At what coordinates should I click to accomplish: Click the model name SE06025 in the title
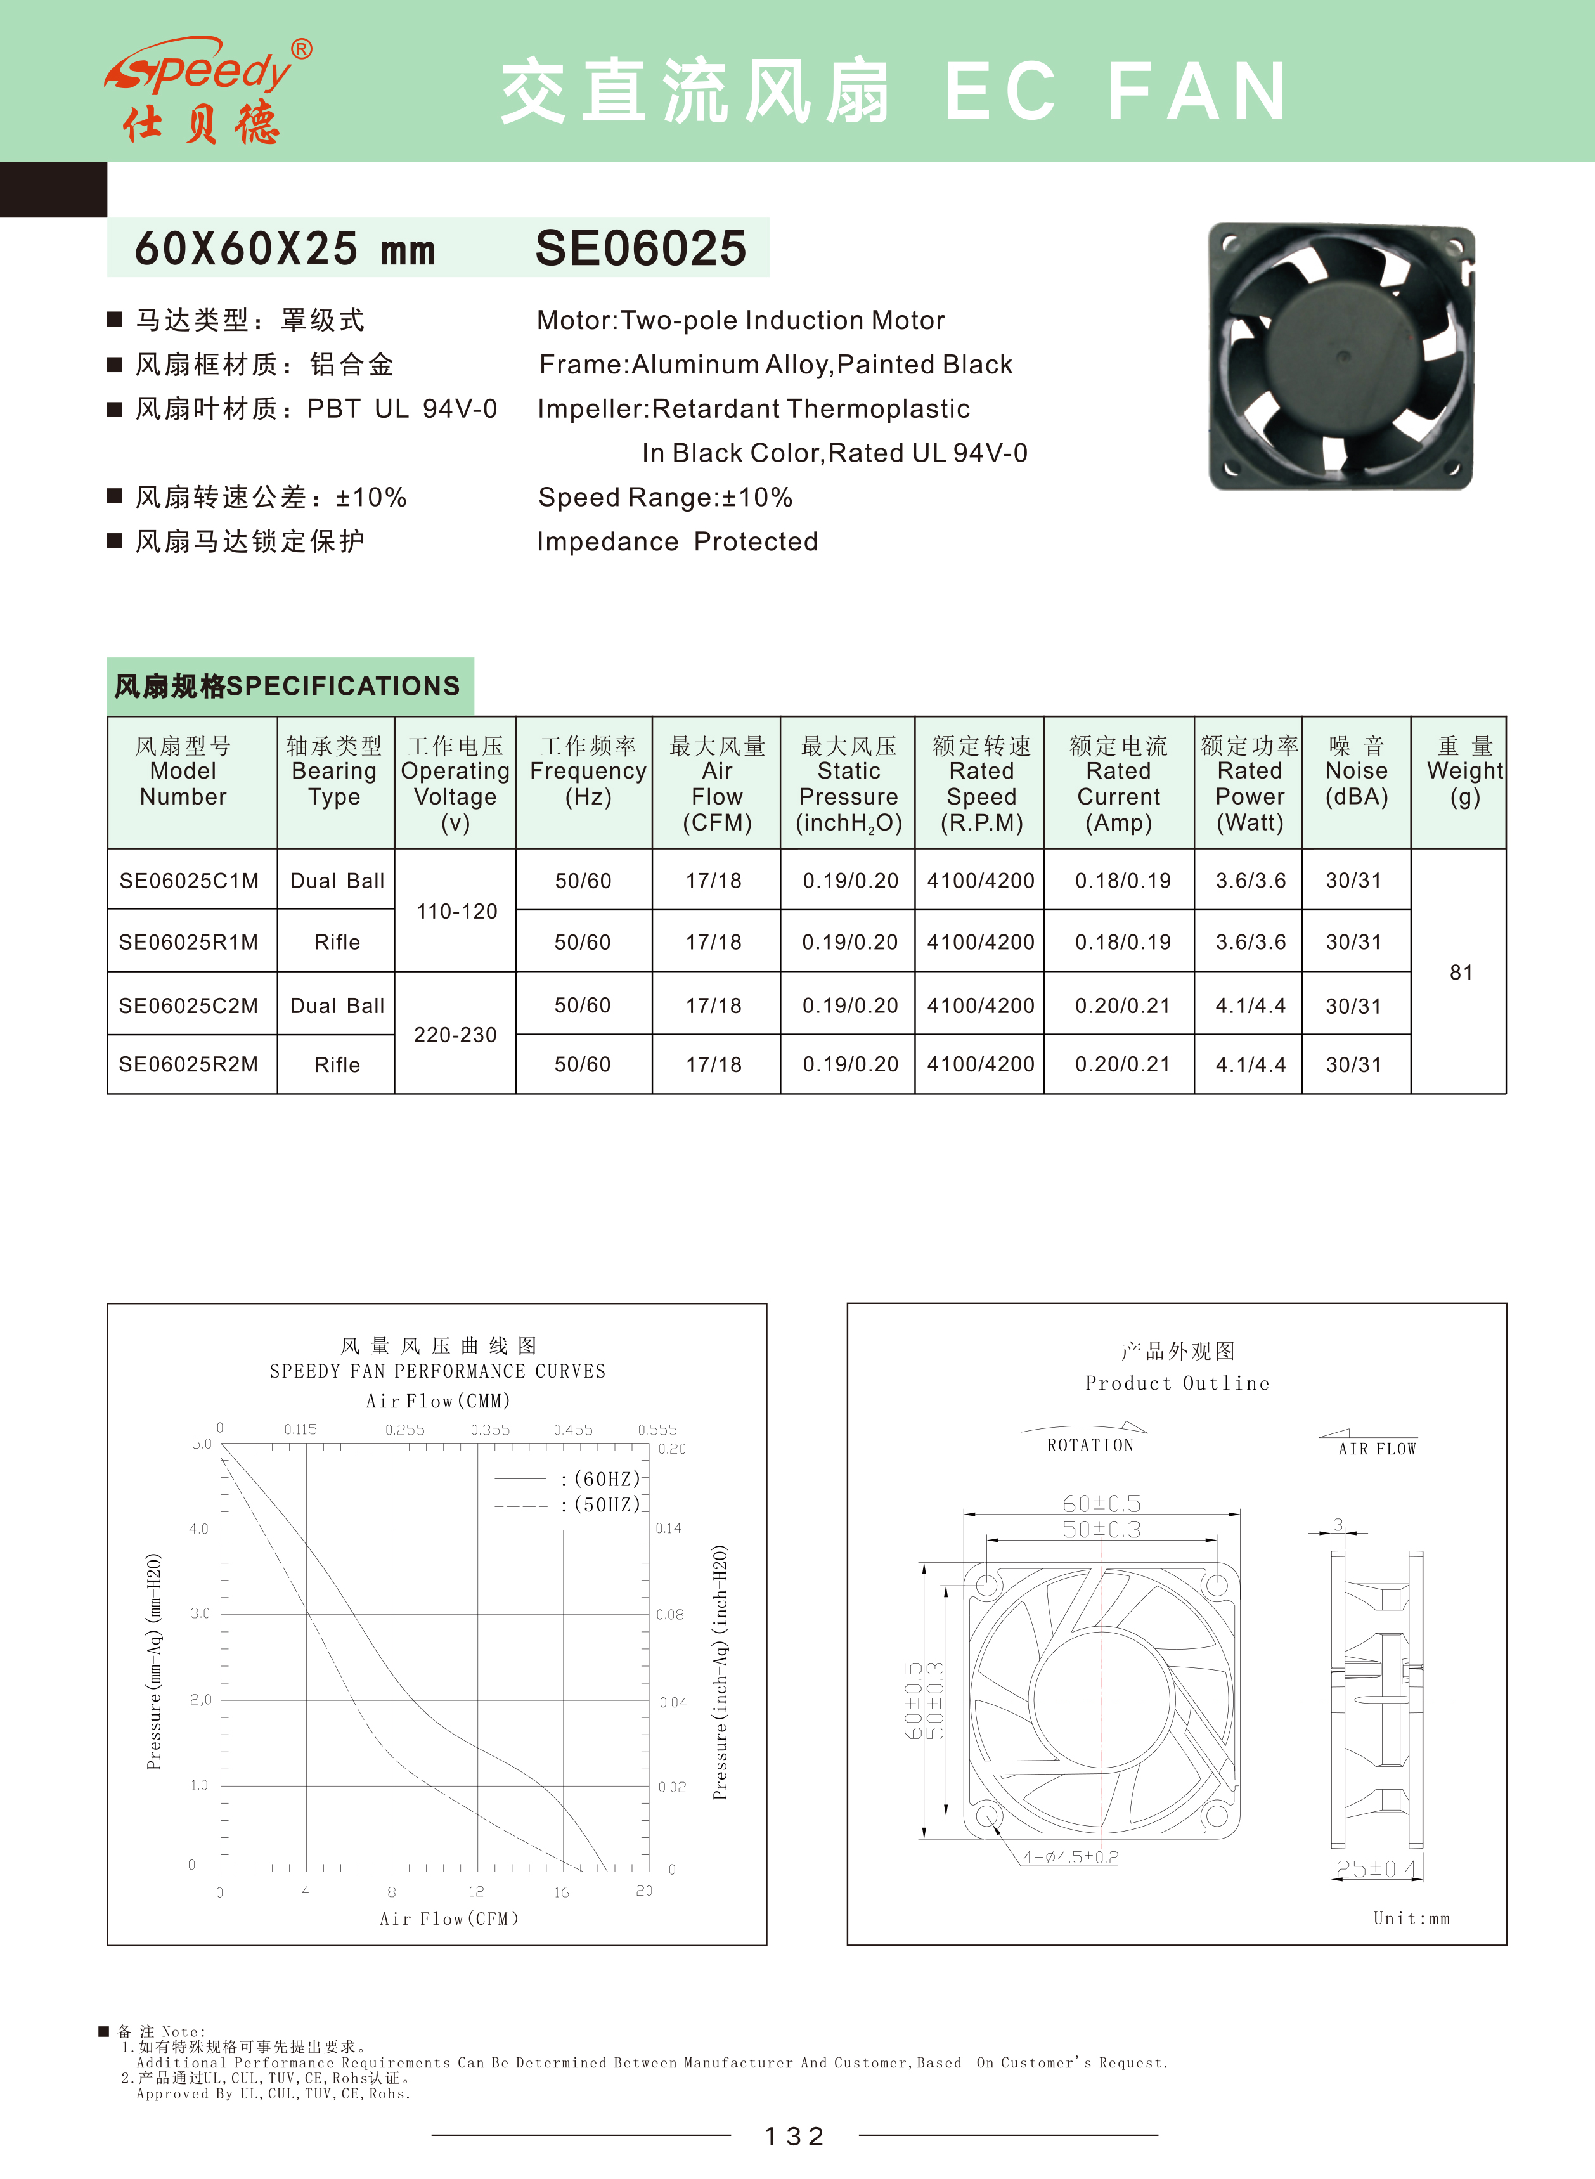click(640, 248)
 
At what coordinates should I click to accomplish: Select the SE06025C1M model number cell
click(190, 881)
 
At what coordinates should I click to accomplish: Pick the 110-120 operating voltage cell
click(456, 912)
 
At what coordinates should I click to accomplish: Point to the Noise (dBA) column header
click(1357, 772)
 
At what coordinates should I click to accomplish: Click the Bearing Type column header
click(334, 772)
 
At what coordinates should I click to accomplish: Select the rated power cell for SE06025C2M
click(1250, 1006)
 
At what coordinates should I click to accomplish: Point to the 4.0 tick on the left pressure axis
click(199, 1529)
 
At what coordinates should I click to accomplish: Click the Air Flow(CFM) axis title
click(449, 1918)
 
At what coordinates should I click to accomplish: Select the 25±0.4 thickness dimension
click(1376, 1869)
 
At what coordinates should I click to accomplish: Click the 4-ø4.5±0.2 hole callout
click(1069, 1856)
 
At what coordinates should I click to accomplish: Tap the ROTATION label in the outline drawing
click(1090, 1445)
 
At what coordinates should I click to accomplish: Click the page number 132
click(794, 2137)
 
